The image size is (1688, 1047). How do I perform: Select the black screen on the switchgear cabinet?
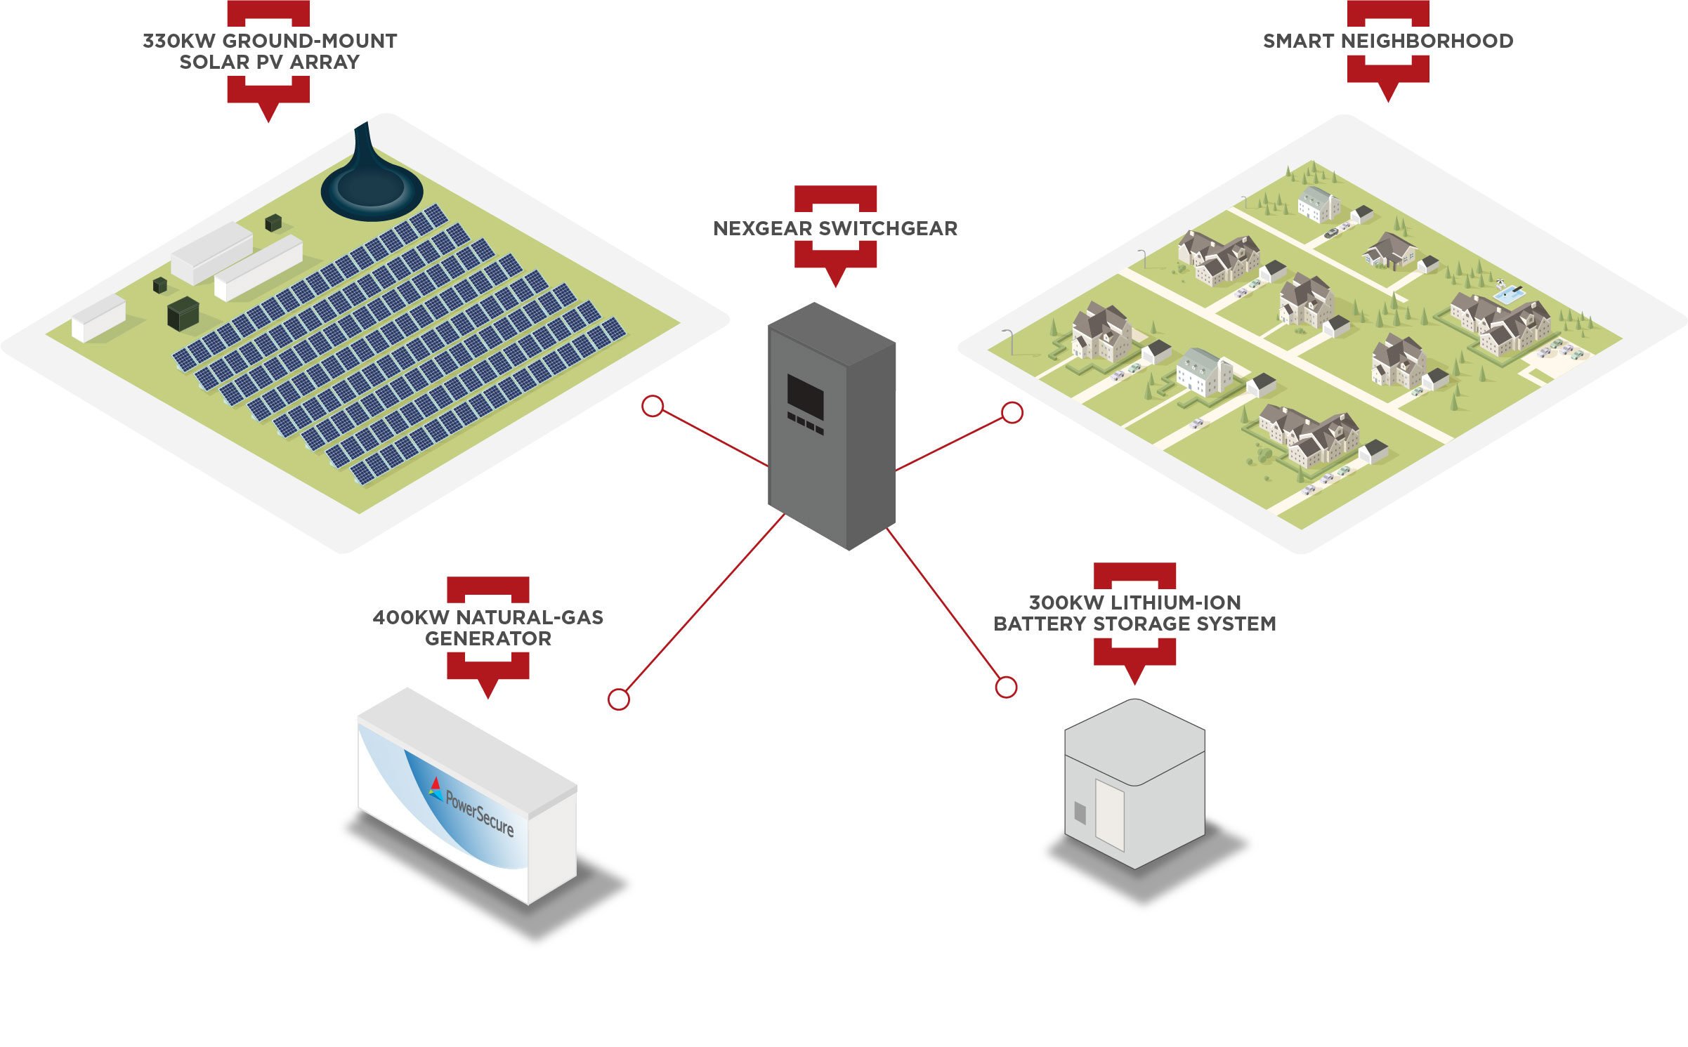(x=805, y=395)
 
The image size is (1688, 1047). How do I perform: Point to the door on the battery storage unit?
(x=1110, y=815)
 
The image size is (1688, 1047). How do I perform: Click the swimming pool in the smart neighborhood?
(x=1508, y=294)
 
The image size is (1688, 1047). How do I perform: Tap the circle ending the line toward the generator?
(x=618, y=699)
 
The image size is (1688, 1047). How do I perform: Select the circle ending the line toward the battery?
(x=1006, y=687)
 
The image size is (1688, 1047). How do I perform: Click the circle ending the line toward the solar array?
(x=653, y=406)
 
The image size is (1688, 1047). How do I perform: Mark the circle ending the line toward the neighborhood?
(x=1012, y=412)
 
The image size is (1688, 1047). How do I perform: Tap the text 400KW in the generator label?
(x=410, y=618)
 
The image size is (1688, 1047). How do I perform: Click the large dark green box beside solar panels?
(x=184, y=312)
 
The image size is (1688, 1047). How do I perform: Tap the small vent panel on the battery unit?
(x=1080, y=813)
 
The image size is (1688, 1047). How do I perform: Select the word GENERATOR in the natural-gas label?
(x=488, y=639)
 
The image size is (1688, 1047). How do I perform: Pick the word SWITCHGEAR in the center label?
(x=888, y=229)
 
